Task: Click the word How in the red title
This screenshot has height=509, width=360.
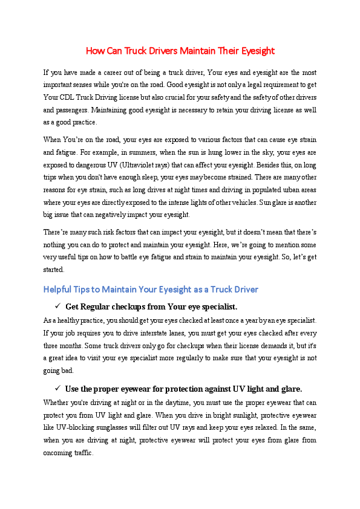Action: tap(94, 50)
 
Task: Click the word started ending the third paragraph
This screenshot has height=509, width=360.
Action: tap(54, 269)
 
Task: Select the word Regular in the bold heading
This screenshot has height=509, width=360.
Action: tap(99, 306)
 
